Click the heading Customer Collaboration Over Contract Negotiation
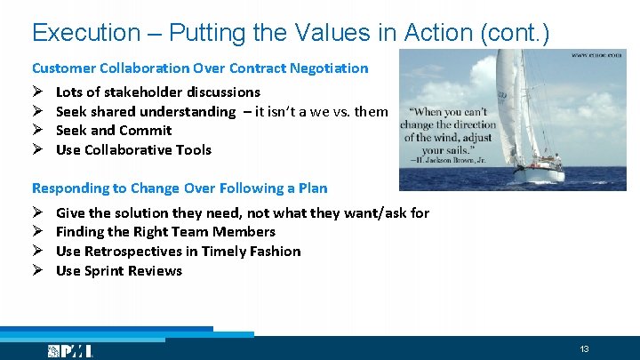[200, 68]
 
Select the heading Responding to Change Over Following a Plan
[180, 188]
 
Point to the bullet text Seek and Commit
[114, 130]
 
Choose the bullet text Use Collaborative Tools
[133, 149]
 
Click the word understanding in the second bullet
[191, 111]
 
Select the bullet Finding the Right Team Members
[165, 232]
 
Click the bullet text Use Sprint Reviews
[118, 271]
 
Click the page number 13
[584, 348]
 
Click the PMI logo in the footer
[70, 351]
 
